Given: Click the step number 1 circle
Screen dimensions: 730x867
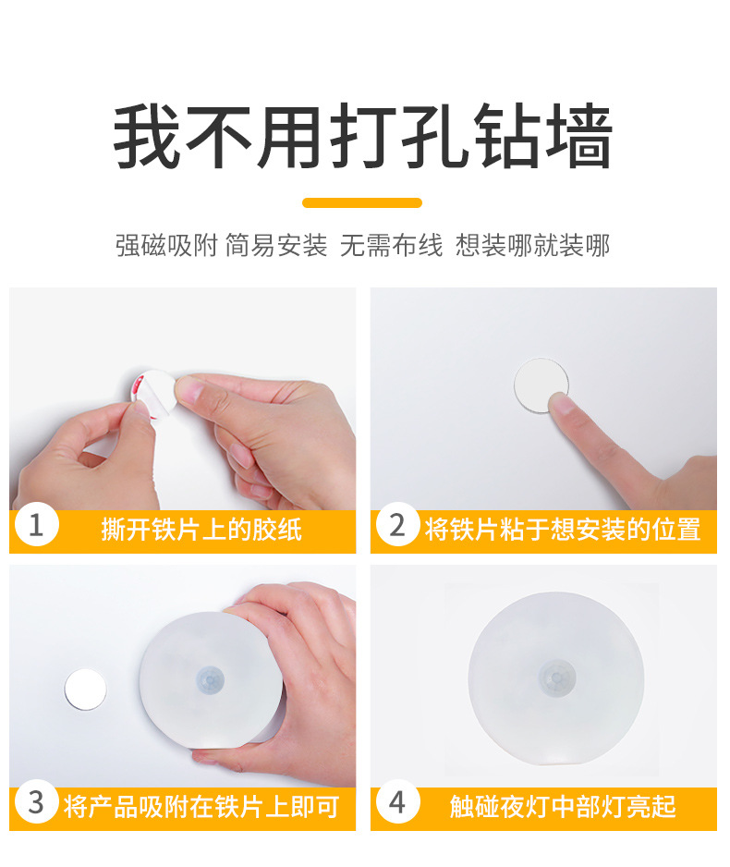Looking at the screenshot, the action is click(x=36, y=525).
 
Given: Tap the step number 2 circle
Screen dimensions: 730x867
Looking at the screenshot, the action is click(x=397, y=525).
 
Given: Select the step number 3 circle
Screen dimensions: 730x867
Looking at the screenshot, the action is click(x=36, y=801).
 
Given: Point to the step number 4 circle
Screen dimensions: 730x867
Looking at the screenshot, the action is click(x=397, y=801).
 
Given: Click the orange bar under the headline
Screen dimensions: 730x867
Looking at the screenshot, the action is click(x=362, y=203).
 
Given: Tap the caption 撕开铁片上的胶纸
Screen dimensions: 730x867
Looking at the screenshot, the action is click(x=201, y=530).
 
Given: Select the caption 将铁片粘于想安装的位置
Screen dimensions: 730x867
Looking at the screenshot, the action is click(x=563, y=530).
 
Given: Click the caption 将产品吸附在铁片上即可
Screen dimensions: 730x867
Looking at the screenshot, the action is click(x=201, y=807).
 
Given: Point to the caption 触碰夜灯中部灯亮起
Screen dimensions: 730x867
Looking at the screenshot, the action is click(x=563, y=807).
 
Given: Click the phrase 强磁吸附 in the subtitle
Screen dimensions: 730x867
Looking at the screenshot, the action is click(x=166, y=246).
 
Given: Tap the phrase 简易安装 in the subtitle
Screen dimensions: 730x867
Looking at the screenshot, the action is click(x=276, y=246).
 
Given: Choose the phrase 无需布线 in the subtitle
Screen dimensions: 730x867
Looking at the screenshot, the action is click(x=391, y=246).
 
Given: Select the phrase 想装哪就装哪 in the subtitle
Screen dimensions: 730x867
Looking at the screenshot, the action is click(x=533, y=246).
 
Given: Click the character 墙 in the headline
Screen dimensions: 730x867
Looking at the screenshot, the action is click(x=579, y=136).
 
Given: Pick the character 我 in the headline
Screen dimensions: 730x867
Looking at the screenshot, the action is click(x=146, y=136).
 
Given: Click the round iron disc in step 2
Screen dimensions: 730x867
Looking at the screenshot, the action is click(x=541, y=385).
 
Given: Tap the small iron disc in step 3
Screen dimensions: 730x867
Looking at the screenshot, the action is click(x=85, y=690).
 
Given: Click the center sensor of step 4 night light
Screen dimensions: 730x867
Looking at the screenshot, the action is click(x=557, y=677).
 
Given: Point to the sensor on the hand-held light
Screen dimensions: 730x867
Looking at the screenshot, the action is click(x=211, y=679).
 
